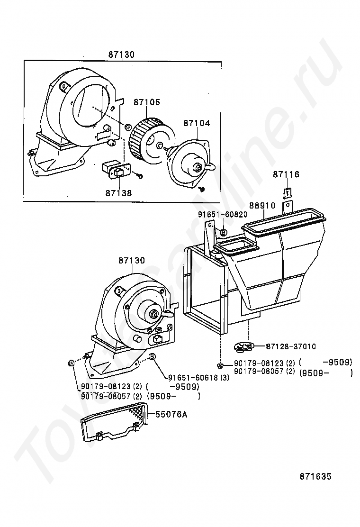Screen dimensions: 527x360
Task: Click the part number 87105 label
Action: point(146,102)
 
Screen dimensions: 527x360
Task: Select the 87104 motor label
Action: point(197,123)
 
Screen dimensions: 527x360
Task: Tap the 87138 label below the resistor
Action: point(118,193)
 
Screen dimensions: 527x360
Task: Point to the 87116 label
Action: point(286,175)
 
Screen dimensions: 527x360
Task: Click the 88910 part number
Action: point(262,206)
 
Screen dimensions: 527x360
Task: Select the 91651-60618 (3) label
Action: point(198,377)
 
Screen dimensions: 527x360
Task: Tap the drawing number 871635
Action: point(315,476)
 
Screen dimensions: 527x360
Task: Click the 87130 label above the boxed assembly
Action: point(121,55)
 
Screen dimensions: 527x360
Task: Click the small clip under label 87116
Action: point(287,193)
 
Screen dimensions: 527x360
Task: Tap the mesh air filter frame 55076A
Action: point(116,422)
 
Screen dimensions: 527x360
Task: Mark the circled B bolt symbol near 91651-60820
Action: point(224,232)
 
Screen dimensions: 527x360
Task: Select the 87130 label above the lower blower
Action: point(132,261)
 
